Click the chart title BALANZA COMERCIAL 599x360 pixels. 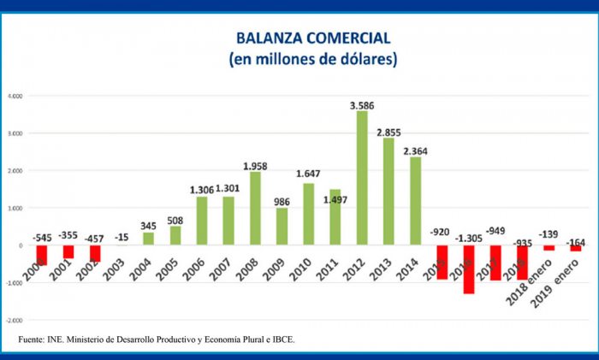click(x=313, y=38)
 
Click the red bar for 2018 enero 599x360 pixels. click(x=549, y=248)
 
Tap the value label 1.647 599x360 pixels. click(x=308, y=174)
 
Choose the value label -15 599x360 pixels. click(x=122, y=237)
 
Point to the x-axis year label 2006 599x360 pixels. click(x=200, y=267)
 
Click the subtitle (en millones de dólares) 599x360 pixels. click(x=312, y=60)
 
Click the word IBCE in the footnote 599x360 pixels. click(x=280, y=340)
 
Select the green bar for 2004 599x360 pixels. click(x=148, y=239)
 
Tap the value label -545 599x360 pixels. click(x=42, y=237)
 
